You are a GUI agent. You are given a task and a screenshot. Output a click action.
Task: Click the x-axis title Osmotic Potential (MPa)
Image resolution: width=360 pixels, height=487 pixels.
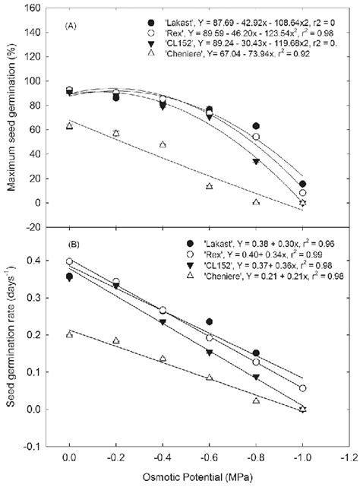click(x=199, y=476)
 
